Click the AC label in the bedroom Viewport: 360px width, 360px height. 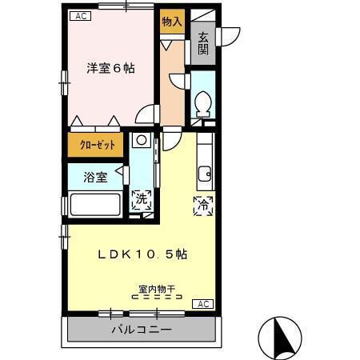pyautogui.click(x=79, y=16)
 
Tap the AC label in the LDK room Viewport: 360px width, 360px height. pyautogui.click(x=204, y=303)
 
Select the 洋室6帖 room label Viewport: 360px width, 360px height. pyautogui.click(x=110, y=69)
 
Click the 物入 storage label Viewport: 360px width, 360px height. pyautogui.click(x=171, y=22)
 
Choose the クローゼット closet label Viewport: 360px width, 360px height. pyautogui.click(x=95, y=146)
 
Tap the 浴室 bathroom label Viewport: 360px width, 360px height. pyautogui.click(x=95, y=177)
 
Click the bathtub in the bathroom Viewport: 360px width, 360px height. pyautogui.click(x=95, y=204)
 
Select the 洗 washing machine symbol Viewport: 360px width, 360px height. pyautogui.click(x=142, y=200)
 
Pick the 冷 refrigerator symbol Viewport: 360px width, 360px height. pyautogui.click(x=203, y=205)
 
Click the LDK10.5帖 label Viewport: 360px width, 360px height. pyautogui.click(x=142, y=254)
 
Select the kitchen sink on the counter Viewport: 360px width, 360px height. pyautogui.click(x=205, y=173)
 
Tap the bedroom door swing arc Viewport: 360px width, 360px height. pyautogui.click(x=147, y=114)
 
